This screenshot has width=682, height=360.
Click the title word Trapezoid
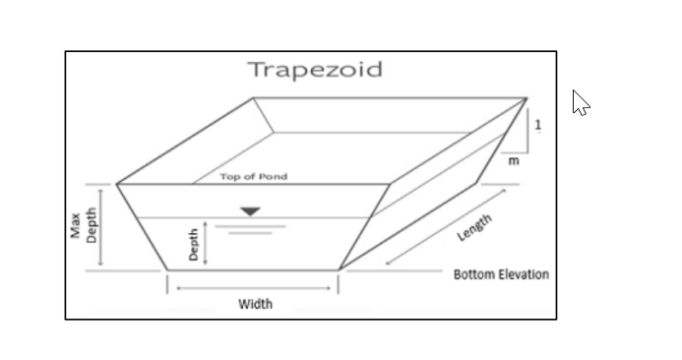(x=314, y=70)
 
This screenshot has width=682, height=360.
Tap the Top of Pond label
(x=254, y=177)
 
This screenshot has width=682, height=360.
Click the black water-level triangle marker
(x=250, y=210)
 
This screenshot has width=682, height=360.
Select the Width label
(x=256, y=304)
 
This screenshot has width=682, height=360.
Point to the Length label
(x=475, y=227)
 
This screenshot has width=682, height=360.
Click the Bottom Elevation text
(x=501, y=274)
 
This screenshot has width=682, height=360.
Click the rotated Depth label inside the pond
(x=195, y=244)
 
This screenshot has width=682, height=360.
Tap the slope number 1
(x=538, y=124)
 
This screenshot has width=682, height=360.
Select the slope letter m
(x=513, y=161)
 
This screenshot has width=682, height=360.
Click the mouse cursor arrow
(x=580, y=101)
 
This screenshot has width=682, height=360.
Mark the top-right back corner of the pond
(x=527, y=98)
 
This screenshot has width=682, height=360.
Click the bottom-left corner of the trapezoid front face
(x=166, y=269)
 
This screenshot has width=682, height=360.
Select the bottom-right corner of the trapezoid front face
(x=340, y=269)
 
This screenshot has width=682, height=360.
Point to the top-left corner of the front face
(x=117, y=184)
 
